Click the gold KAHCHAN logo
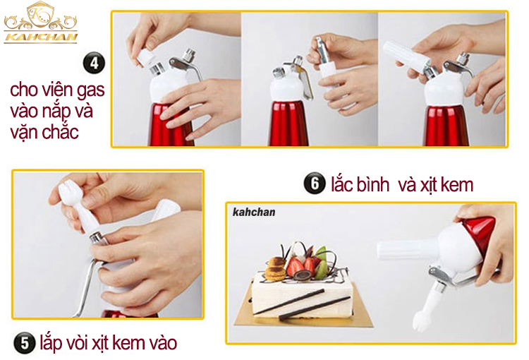click(40, 23)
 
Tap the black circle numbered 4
click(94, 63)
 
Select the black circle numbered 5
click(25, 343)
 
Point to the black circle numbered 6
click(315, 184)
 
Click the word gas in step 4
click(91, 90)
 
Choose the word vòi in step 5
click(78, 342)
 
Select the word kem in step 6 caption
click(457, 185)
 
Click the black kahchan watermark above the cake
click(254, 212)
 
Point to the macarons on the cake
click(275, 269)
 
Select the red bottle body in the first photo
click(171, 124)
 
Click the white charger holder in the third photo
click(406, 55)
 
